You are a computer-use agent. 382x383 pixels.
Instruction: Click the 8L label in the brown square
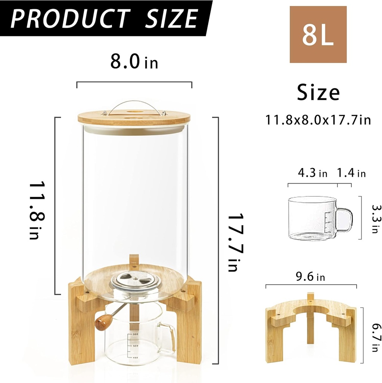[318, 34]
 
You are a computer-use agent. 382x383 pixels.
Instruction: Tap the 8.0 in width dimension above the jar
[134, 62]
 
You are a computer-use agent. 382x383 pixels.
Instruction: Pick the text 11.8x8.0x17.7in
[318, 120]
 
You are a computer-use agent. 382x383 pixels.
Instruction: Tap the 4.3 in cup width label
[313, 174]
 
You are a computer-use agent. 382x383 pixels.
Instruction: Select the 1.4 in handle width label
[351, 174]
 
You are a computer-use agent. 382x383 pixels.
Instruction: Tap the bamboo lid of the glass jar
[134, 117]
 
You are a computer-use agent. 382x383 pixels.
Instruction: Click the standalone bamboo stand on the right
[311, 329]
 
